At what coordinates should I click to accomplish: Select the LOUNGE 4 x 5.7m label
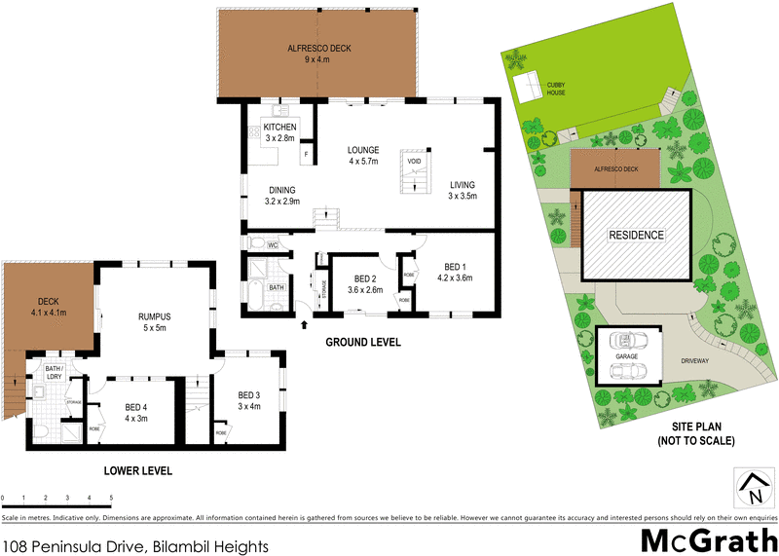(363, 156)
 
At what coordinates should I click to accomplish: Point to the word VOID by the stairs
(414, 162)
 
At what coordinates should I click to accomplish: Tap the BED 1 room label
(457, 272)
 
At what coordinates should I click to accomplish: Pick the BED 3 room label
(249, 399)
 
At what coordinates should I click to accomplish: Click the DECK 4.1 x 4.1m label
(49, 308)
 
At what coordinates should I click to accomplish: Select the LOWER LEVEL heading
(138, 471)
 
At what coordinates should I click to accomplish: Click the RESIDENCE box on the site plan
(637, 235)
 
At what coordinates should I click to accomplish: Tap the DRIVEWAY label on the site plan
(695, 359)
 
